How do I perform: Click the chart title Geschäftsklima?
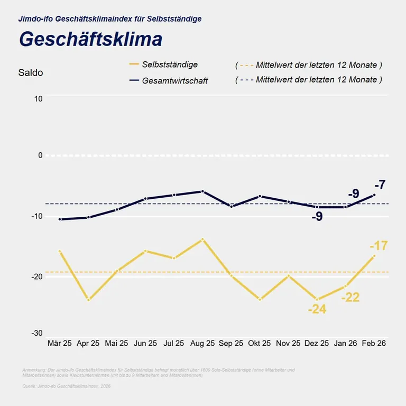tap(90, 40)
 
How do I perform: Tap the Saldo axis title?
tap(31, 73)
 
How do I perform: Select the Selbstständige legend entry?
tap(170, 64)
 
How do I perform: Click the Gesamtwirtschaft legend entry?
tap(175, 80)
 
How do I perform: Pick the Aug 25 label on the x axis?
tap(202, 343)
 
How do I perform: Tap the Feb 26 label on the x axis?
tap(374, 343)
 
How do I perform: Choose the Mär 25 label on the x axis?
tap(59, 343)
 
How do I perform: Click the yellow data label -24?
tap(317, 309)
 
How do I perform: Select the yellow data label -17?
tap(379, 246)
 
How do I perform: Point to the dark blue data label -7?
tap(380, 185)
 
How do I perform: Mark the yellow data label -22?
tap(350, 297)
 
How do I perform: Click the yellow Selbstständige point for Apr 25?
tap(88, 300)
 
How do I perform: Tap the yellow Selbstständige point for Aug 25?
tap(202, 239)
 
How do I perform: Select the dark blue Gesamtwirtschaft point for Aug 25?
tap(202, 191)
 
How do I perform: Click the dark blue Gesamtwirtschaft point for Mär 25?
tap(60, 219)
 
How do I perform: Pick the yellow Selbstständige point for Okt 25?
tap(260, 300)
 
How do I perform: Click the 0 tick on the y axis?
tap(40, 155)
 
